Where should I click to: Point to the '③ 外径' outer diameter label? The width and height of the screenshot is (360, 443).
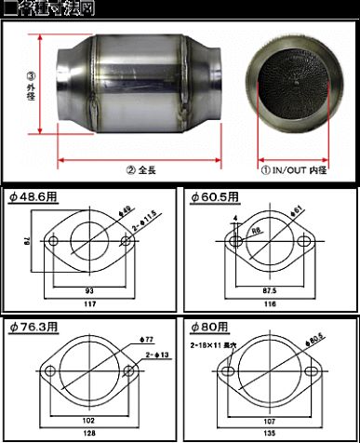pos(31,89)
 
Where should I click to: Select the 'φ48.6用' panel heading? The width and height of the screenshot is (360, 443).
pos(32,196)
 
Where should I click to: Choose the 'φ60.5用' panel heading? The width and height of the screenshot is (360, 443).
pos(214,196)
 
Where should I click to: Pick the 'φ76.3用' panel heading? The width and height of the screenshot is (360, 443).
pos(33,327)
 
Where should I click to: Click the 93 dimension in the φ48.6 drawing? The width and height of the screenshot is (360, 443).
pos(89,289)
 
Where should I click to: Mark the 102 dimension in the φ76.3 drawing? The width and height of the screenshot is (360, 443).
pos(89,420)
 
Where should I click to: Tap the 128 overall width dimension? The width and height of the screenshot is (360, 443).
pos(89,433)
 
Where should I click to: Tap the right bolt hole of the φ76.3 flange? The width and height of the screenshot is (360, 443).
pos(129,375)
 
